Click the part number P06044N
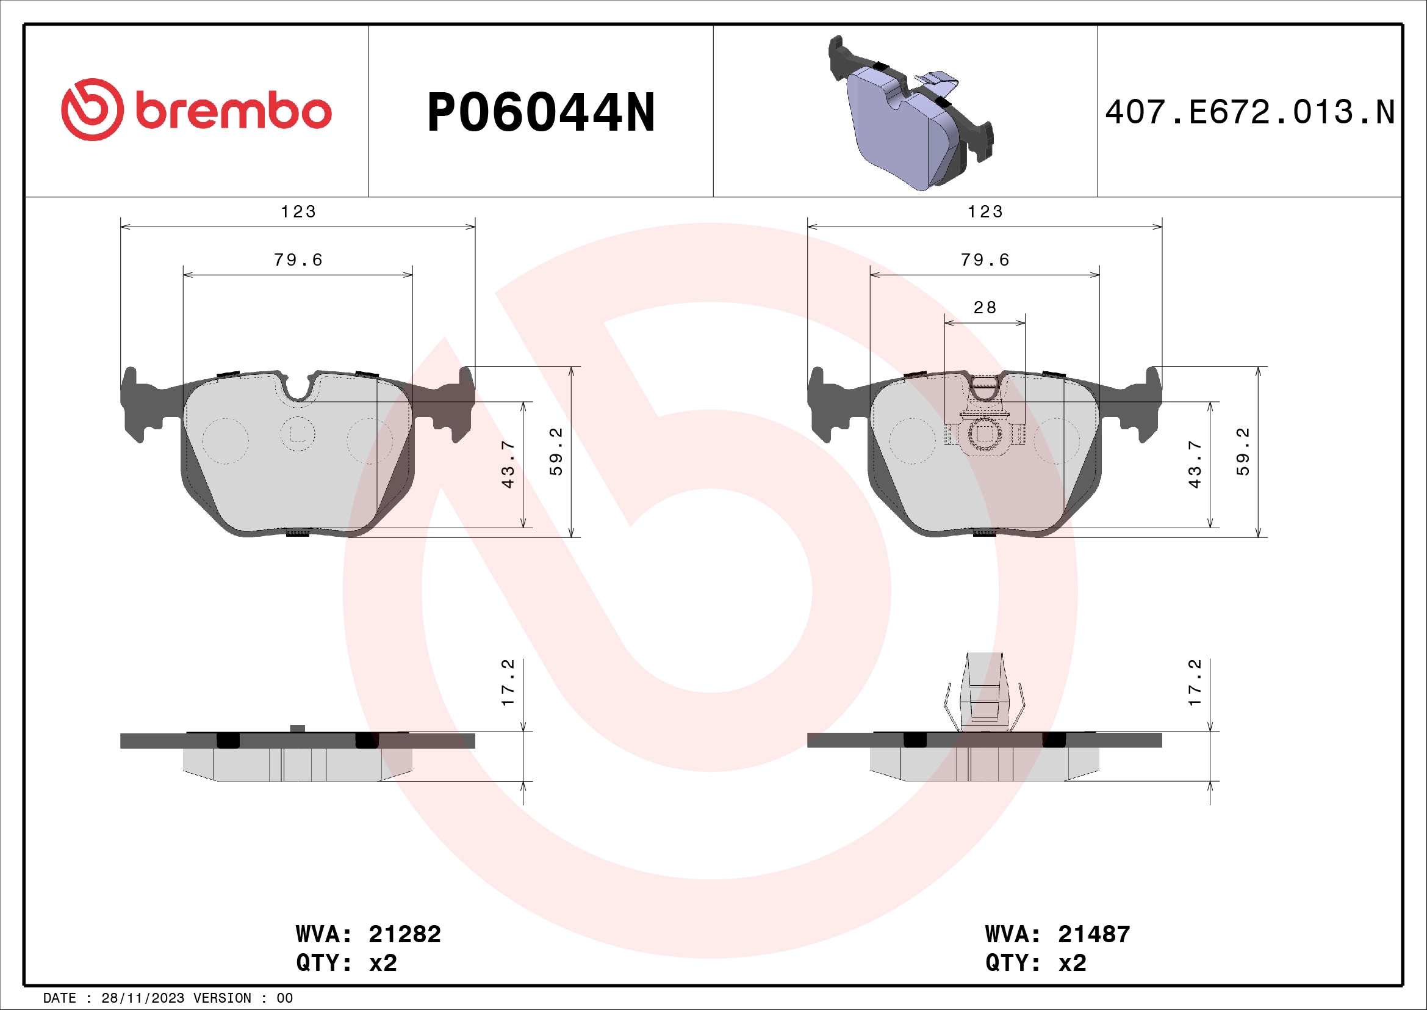541,112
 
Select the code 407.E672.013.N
1250,112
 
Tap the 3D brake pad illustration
911,112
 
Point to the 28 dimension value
985,307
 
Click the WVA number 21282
404,934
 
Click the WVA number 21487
1094,934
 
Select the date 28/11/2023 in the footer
142,998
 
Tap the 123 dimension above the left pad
298,212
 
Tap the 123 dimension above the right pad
985,212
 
